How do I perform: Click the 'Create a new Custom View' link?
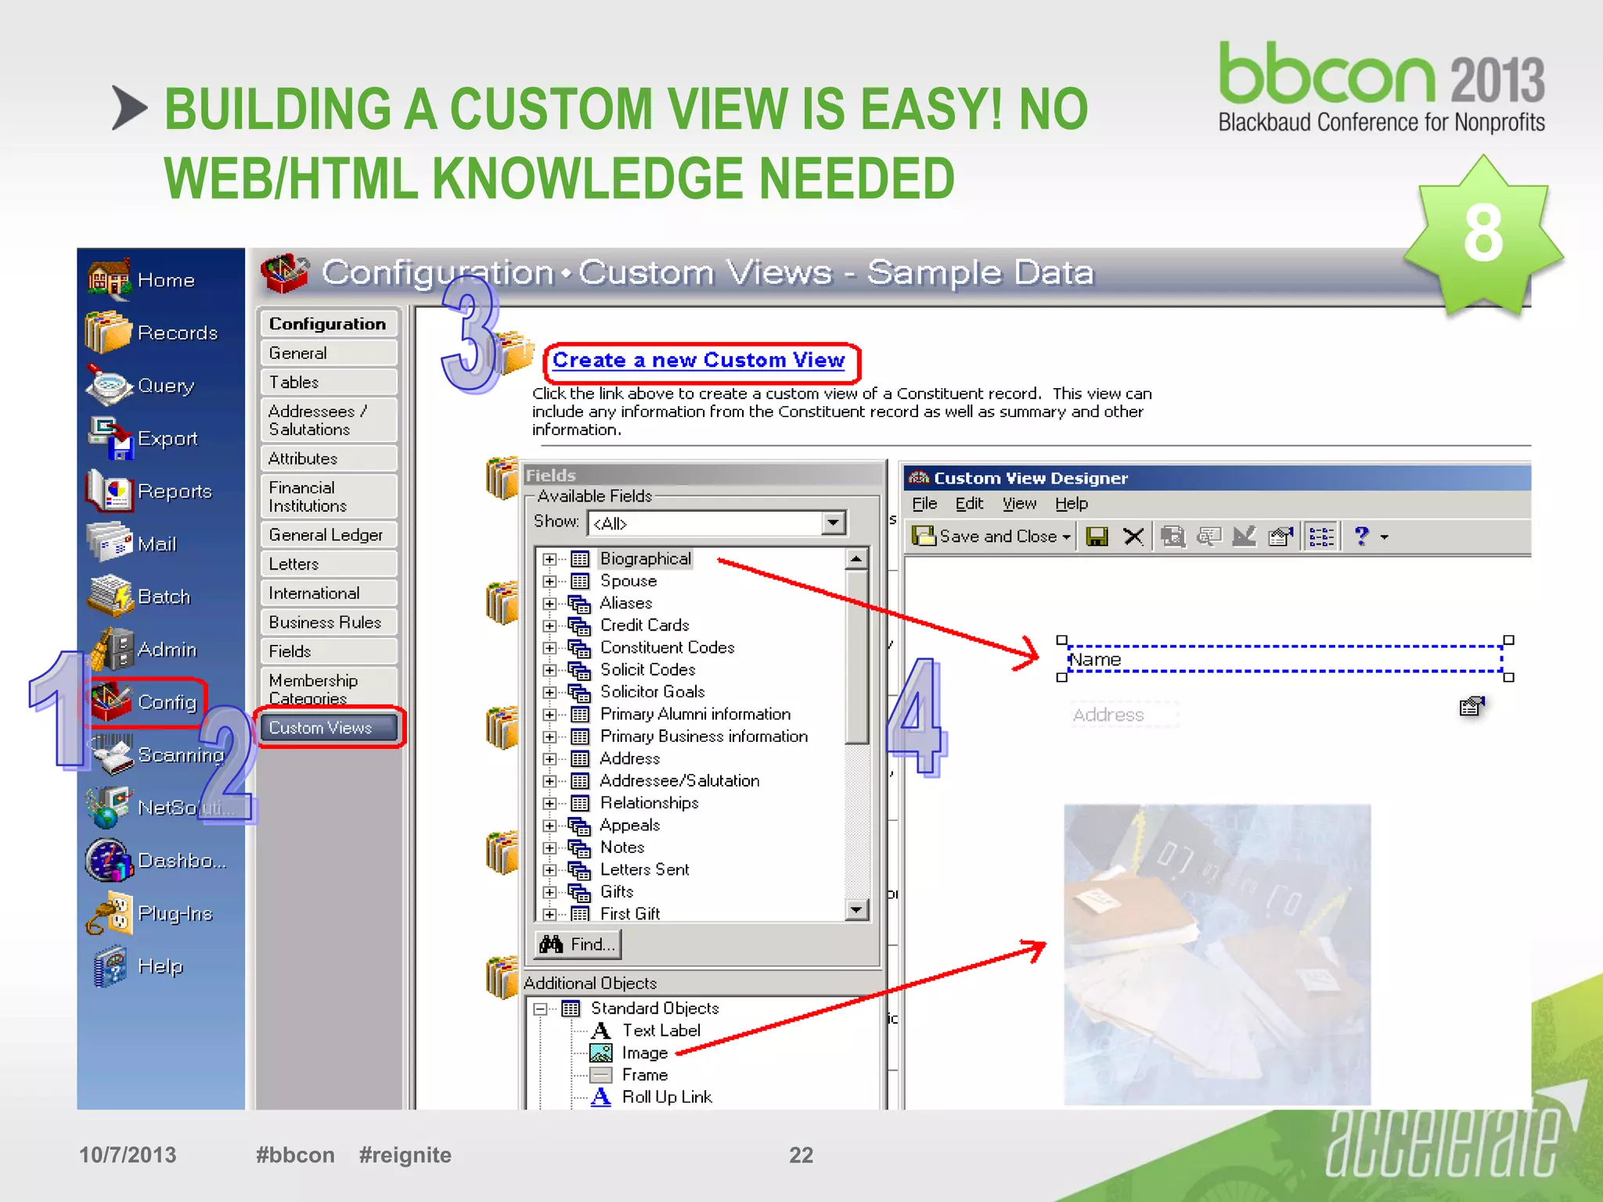(x=698, y=361)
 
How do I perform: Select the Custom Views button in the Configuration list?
(x=328, y=728)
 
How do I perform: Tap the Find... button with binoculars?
(x=578, y=945)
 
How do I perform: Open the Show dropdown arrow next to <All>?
(x=834, y=523)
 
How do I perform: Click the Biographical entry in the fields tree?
(x=645, y=559)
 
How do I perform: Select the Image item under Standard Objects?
(x=644, y=1053)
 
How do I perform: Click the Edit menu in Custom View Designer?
(x=969, y=504)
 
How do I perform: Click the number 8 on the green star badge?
(x=1483, y=233)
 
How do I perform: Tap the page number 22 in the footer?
(x=801, y=1155)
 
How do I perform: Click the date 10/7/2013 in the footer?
(x=128, y=1155)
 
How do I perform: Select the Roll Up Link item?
(x=666, y=1097)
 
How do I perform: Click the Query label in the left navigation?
(x=166, y=386)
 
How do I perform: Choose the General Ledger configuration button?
(x=326, y=535)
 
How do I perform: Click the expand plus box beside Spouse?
(x=549, y=581)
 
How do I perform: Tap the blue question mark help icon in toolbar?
(x=1361, y=536)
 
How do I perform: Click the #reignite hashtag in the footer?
(x=405, y=1155)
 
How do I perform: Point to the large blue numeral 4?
(x=917, y=716)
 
